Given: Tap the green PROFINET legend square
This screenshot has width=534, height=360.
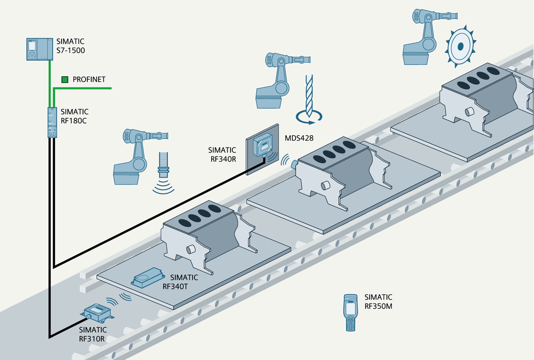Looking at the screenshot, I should [x=65, y=80].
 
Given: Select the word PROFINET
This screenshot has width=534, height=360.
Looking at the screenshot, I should [x=89, y=80].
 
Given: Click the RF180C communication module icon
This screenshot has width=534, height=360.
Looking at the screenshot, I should [x=52, y=122].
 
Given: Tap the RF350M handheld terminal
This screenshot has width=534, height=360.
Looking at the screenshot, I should [x=350, y=312].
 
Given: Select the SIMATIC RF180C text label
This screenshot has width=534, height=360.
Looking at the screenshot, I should [x=75, y=116].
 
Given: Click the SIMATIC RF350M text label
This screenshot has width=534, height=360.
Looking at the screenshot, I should [x=378, y=302].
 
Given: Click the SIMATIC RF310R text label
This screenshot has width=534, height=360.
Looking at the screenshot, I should [x=93, y=334].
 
